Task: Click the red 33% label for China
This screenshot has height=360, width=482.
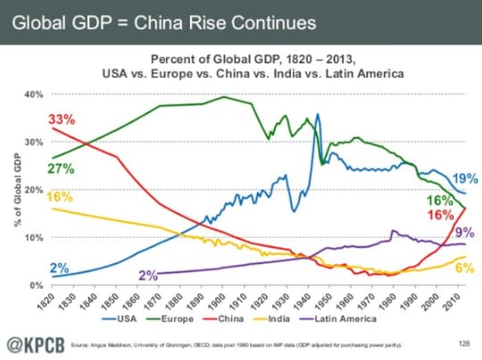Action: pos(62,119)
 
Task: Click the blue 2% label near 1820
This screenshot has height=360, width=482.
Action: pos(61,267)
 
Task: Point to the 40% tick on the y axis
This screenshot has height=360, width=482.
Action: pos(33,94)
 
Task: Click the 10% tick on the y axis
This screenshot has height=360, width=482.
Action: pos(33,238)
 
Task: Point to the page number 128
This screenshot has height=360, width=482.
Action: pos(462,342)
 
